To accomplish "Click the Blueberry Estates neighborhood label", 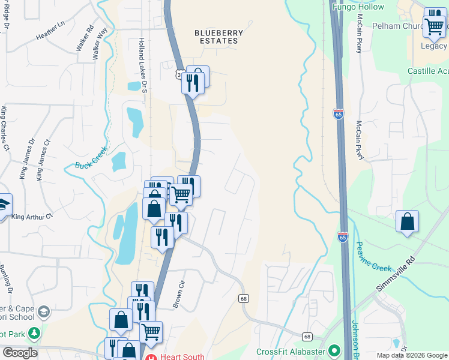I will [x=220, y=37].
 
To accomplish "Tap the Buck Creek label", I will [x=92, y=157].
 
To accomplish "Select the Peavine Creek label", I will [x=373, y=256].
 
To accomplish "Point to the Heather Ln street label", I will [x=50, y=36].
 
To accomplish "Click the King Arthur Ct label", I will [x=32, y=217].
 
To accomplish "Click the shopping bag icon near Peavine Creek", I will [x=408, y=221].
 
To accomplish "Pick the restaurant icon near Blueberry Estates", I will [x=192, y=82].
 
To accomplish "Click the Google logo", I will [x=19, y=353].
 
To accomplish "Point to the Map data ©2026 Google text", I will [x=412, y=355].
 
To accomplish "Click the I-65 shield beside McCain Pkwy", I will [x=339, y=114].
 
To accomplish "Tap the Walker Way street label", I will [x=100, y=43].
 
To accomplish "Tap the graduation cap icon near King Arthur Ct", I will [x=4, y=204].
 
